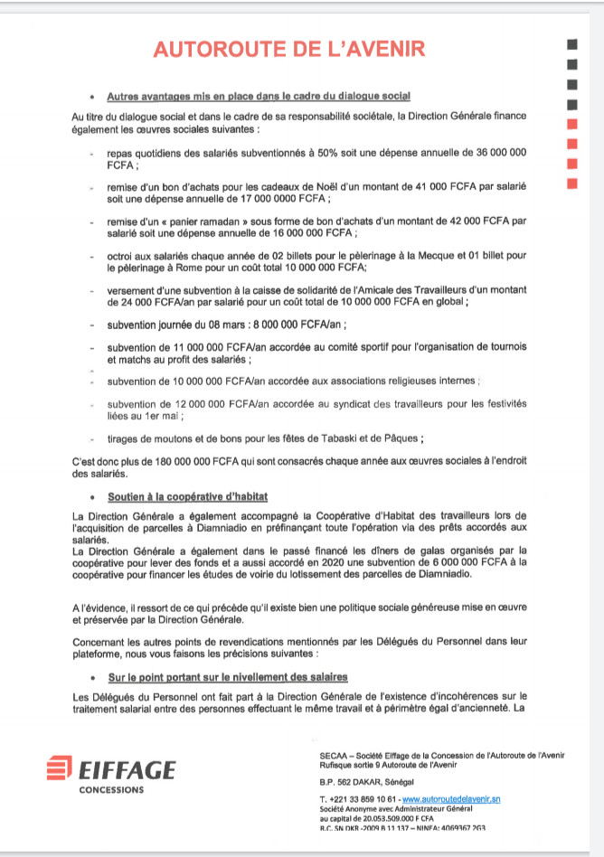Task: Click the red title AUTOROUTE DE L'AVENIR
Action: (289, 50)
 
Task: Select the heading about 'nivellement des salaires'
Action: (227, 676)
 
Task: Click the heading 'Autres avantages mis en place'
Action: (259, 96)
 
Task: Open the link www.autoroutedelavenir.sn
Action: (451, 800)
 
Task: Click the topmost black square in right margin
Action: (571, 44)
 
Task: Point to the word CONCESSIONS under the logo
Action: (111, 789)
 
